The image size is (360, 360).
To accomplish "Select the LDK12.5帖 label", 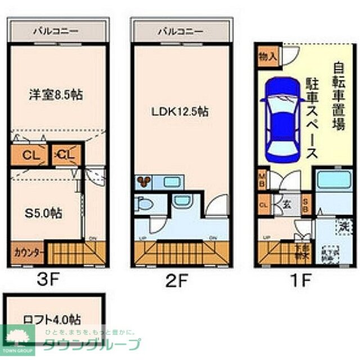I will click(179, 111).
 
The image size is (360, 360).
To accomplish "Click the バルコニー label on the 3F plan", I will click(56, 31).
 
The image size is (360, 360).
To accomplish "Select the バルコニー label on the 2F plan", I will click(179, 31).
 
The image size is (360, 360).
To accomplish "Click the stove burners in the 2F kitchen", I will click(143, 181).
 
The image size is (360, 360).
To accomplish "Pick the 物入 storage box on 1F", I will click(268, 56).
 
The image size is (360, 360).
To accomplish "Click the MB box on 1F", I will click(262, 181).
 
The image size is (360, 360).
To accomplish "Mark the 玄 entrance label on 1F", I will click(286, 204).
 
